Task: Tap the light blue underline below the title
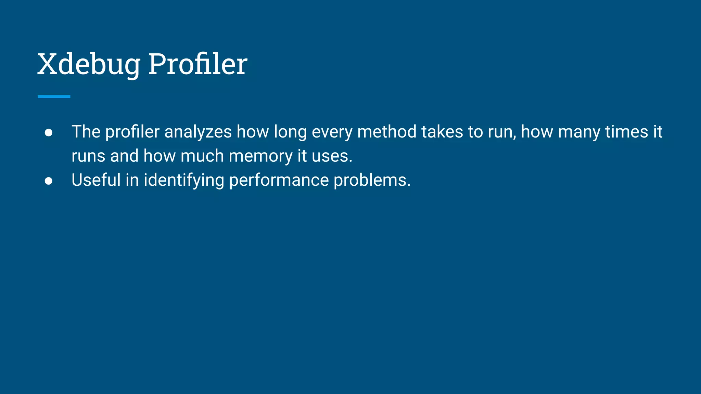point(54,97)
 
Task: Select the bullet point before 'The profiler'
point(49,133)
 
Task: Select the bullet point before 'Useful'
point(49,181)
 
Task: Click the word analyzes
point(198,132)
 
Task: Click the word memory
point(260,156)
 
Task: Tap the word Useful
point(96,180)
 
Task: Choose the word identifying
point(184,180)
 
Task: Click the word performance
point(279,180)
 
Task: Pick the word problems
point(372,180)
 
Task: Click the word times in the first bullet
point(626,132)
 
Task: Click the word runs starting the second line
point(88,156)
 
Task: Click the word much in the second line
point(202,156)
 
